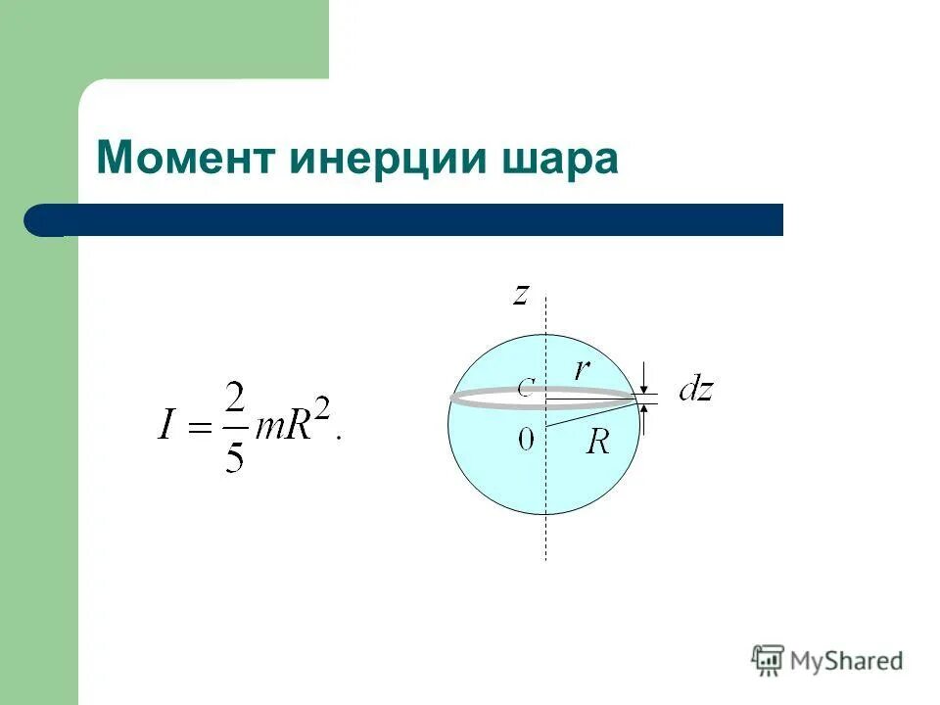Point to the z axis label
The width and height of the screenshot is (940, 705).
point(522,294)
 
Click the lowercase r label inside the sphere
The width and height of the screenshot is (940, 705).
point(583,368)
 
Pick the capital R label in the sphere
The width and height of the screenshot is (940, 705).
point(598,443)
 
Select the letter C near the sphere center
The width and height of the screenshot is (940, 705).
point(526,389)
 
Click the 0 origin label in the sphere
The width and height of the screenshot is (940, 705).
point(526,440)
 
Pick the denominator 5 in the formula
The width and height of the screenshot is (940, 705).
point(233,454)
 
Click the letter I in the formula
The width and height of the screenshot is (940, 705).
point(165,427)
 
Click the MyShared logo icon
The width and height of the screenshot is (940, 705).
point(768,660)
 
